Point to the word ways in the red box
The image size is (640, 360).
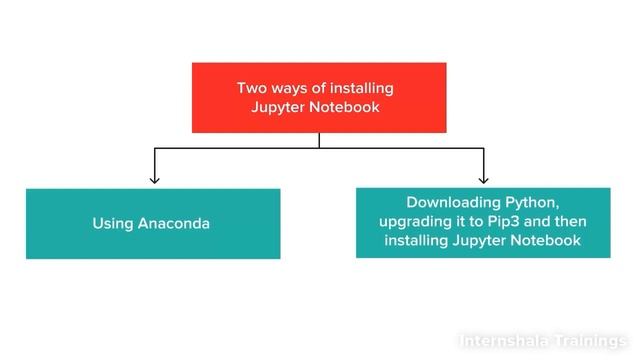click(x=290, y=88)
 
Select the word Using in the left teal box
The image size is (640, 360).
click(x=113, y=223)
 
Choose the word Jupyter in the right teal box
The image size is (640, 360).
click(x=483, y=241)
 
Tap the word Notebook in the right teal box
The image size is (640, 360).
click(x=548, y=241)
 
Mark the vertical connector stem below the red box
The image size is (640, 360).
click(x=319, y=140)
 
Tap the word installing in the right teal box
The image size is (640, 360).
click(x=417, y=241)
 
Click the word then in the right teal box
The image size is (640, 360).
click(x=572, y=221)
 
